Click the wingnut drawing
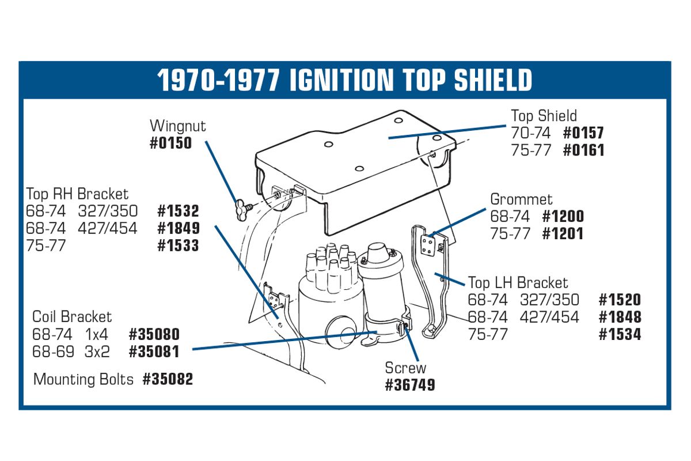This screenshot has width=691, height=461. tap(243, 210)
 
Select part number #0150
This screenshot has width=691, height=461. tap(170, 143)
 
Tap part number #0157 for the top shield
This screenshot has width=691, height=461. tap(583, 133)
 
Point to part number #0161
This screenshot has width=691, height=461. tap(583, 150)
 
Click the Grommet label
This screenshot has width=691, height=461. tap(521, 199)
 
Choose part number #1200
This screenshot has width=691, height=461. tap(563, 216)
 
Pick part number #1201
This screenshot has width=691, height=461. tap(563, 233)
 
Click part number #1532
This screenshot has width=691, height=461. tap(178, 211)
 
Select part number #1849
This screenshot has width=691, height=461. tap(179, 228)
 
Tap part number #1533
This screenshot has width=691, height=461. tap(178, 245)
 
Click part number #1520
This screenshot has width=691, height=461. tap(620, 300)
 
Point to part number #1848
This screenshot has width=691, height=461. tap(620, 317)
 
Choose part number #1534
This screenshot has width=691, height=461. tap(620, 334)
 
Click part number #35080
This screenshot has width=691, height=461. tap(154, 334)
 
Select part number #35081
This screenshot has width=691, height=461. tap(154, 352)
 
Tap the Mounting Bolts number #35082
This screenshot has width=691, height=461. tap(168, 379)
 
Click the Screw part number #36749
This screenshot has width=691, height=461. tap(410, 385)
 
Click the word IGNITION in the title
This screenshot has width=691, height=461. tap(341, 80)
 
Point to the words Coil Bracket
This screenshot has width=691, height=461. tap(72, 317)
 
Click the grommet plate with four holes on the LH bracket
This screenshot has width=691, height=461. tap(428, 246)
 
